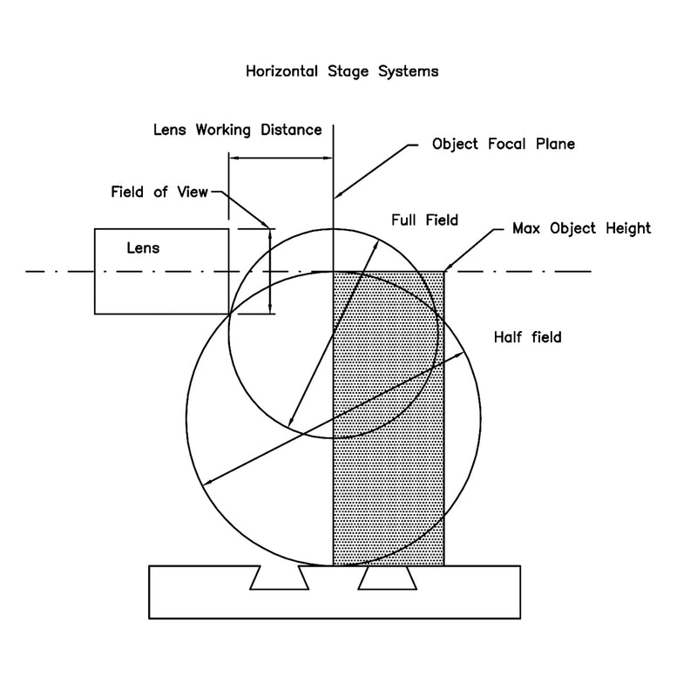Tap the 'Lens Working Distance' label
pyautogui.click(x=238, y=130)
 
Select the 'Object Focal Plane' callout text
pyautogui.click(x=504, y=144)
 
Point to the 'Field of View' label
pyautogui.click(x=159, y=192)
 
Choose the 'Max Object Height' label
pyautogui.click(x=580, y=228)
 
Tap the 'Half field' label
pyautogui.click(x=527, y=337)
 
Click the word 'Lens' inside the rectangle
pyautogui.click(x=144, y=247)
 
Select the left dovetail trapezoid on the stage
pyautogui.click(x=279, y=576)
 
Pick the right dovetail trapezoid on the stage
pyautogui.click(x=385, y=576)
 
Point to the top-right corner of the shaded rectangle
pyautogui.click(x=444, y=272)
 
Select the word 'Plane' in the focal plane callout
pyautogui.click(x=554, y=144)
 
